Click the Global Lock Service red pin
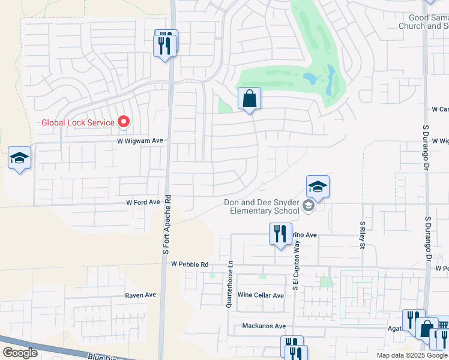click(x=124, y=122)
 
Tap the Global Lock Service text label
click(x=77, y=123)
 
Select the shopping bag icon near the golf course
click(x=249, y=99)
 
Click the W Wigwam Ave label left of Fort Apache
click(x=140, y=141)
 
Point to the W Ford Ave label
click(x=143, y=203)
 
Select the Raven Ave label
click(x=140, y=295)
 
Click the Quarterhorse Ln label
click(x=229, y=284)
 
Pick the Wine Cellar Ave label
click(x=261, y=295)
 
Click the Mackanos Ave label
click(x=264, y=326)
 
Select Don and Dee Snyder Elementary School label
click(x=262, y=207)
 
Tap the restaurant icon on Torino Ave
click(x=280, y=233)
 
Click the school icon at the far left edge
click(x=19, y=159)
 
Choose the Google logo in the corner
click(x=20, y=353)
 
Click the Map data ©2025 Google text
click(x=412, y=355)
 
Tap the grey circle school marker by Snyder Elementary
click(x=309, y=206)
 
